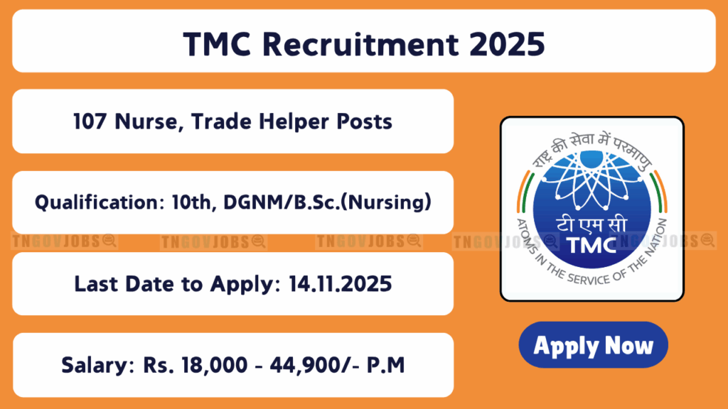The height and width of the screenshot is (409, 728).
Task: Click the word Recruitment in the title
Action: click(360, 45)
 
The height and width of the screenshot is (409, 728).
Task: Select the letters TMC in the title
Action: click(218, 45)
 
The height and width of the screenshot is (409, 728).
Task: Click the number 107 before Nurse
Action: click(90, 121)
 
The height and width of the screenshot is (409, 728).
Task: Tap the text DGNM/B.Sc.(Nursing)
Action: click(327, 202)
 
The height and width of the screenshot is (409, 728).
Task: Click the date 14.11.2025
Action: click(341, 284)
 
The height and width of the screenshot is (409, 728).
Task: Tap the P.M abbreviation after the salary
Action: click(386, 365)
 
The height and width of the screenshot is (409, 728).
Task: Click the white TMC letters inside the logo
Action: click(591, 246)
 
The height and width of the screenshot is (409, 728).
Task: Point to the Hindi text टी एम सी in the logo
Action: click(591, 225)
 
